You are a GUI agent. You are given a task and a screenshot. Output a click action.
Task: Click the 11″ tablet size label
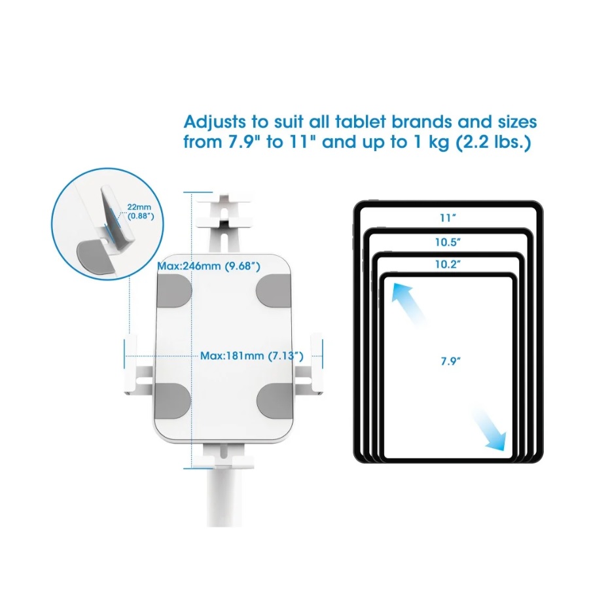click(x=448, y=218)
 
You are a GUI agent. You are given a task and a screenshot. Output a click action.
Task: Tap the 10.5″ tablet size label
click(x=448, y=242)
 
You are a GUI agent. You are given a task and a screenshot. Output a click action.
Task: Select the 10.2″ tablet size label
click(x=448, y=264)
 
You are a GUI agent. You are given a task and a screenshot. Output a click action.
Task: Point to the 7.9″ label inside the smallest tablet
click(x=451, y=361)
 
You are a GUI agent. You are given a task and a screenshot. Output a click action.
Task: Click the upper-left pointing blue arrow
click(x=408, y=304)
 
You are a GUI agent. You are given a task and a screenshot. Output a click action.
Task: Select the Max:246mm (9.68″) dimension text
click(x=209, y=266)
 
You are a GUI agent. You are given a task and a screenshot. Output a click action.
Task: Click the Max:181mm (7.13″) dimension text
click(x=251, y=355)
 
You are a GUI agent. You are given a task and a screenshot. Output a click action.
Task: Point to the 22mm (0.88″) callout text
click(x=140, y=211)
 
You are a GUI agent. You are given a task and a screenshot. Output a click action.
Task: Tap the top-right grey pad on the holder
click(x=274, y=291)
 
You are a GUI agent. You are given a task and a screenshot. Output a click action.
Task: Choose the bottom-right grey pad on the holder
click(x=275, y=402)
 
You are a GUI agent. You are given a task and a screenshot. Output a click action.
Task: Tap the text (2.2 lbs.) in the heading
click(x=493, y=143)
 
